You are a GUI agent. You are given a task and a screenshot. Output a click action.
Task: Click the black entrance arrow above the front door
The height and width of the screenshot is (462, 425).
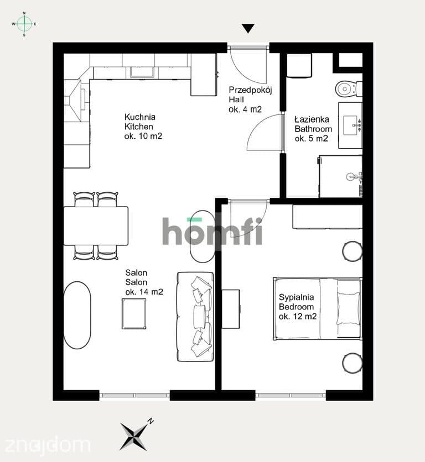click(x=248, y=28)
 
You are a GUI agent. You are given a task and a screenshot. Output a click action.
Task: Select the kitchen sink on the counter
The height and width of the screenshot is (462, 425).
click(x=143, y=72)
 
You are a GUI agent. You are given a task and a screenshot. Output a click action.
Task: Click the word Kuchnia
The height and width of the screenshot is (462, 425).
click(x=140, y=117)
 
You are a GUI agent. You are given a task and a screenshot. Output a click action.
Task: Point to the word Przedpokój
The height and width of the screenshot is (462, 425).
click(x=250, y=90)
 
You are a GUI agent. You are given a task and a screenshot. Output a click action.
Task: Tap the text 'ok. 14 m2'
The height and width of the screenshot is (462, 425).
click(x=144, y=292)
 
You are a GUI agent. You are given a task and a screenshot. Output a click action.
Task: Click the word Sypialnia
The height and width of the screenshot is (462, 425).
click(x=296, y=297)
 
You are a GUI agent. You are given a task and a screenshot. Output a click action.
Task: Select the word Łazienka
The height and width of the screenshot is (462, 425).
click(x=312, y=119)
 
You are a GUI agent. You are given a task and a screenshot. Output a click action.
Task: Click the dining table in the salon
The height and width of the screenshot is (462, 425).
click(x=96, y=225)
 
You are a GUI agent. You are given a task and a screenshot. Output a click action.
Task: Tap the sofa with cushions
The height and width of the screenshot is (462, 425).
click(x=195, y=317)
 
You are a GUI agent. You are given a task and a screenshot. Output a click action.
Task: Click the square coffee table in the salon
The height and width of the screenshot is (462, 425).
click(x=134, y=314)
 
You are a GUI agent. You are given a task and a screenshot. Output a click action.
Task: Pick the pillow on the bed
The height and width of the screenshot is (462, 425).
click(x=349, y=308)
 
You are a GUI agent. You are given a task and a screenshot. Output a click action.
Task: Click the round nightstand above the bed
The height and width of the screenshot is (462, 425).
click(x=353, y=251)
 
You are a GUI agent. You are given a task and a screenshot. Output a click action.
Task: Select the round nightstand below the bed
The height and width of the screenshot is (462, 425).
click(x=353, y=363)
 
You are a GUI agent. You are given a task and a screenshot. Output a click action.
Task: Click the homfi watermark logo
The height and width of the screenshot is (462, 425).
click(x=212, y=232)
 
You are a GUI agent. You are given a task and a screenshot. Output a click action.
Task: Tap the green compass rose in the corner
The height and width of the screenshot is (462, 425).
click(x=24, y=24)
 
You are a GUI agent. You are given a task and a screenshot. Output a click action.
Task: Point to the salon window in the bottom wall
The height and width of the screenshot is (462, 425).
click(x=134, y=396)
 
